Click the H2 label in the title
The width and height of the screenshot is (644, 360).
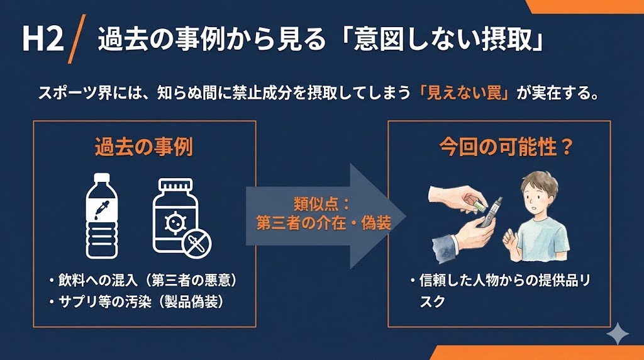[x=43, y=41]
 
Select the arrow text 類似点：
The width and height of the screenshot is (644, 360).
[x=322, y=205]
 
